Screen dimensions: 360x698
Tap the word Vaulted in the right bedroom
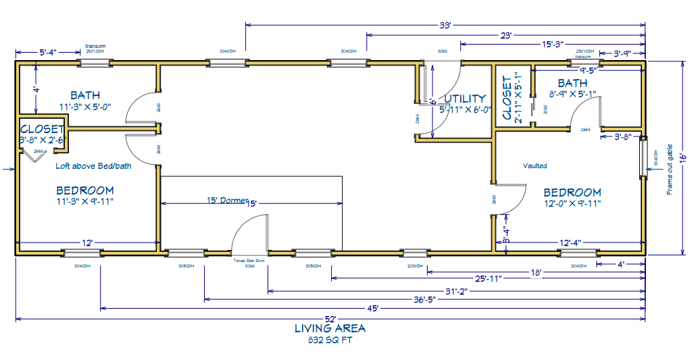click(x=534, y=165)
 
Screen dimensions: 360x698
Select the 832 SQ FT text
click(x=330, y=340)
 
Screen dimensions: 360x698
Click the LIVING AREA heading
click(x=330, y=329)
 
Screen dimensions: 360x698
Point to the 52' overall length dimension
click(x=330, y=318)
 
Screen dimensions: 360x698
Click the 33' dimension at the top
click(x=445, y=25)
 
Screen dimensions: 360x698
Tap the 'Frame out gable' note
click(x=670, y=169)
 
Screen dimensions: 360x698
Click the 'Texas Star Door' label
click(x=249, y=260)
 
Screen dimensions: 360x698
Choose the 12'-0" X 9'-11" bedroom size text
click(x=572, y=203)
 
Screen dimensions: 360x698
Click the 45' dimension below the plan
click(x=372, y=308)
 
